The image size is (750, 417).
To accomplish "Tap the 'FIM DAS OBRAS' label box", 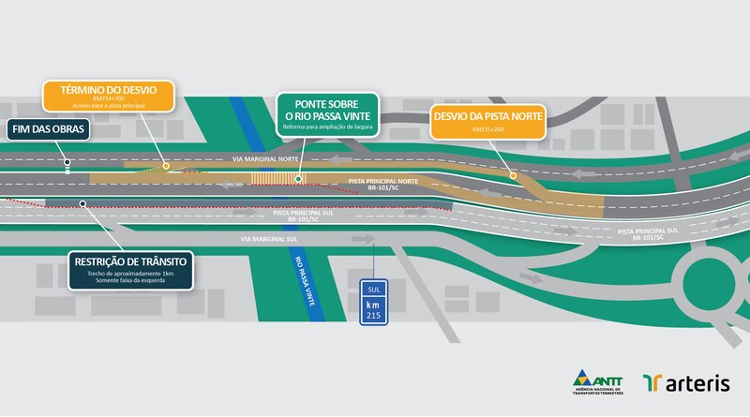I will (x=49, y=130).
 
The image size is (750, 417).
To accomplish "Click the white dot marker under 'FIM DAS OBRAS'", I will (x=67, y=165).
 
